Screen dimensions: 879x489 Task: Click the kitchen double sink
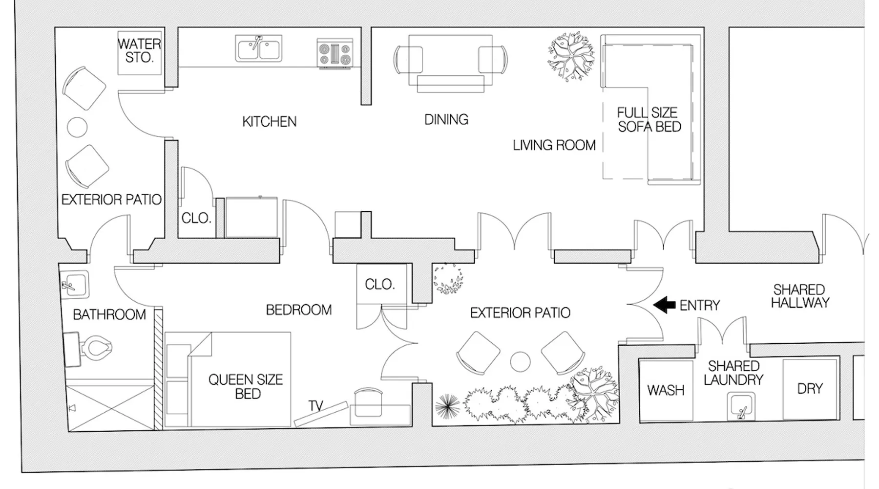click(x=259, y=49)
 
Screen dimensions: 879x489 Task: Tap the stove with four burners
click(x=335, y=53)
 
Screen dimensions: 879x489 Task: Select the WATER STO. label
click(x=140, y=51)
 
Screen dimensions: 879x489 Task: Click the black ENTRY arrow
click(x=664, y=305)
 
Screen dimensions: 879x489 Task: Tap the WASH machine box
click(x=666, y=390)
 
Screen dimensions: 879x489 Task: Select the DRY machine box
click(x=810, y=389)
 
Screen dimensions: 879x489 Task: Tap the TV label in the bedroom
click(x=316, y=406)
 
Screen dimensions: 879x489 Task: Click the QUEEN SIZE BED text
click(x=246, y=387)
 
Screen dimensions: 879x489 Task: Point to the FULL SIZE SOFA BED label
click(x=649, y=120)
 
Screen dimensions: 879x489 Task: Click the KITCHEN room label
click(x=270, y=122)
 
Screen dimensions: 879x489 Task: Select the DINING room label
click(x=446, y=119)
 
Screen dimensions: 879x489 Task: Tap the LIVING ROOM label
click(x=554, y=145)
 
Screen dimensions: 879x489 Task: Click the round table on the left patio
click(x=77, y=127)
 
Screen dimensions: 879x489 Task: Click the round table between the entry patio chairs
click(x=520, y=362)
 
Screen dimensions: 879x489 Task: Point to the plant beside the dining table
click(x=571, y=56)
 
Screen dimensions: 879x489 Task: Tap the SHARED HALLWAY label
click(x=800, y=296)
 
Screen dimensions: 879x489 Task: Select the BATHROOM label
click(x=109, y=314)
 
